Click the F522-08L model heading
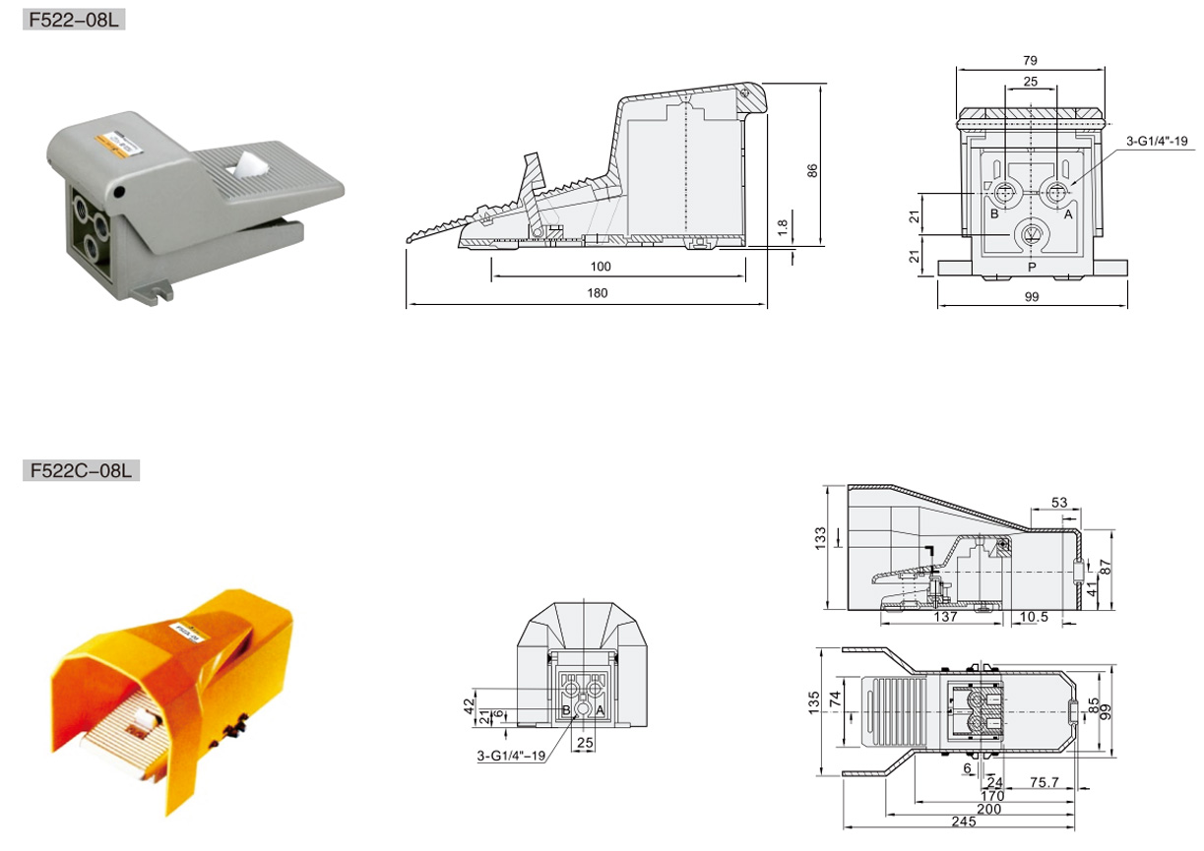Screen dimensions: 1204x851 tap(74, 20)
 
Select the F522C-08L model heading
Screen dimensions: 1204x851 tap(81, 470)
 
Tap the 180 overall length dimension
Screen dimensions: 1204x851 tap(598, 293)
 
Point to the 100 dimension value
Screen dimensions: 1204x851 tap(601, 267)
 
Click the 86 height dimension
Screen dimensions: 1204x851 tap(812, 171)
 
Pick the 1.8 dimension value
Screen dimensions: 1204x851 tap(783, 227)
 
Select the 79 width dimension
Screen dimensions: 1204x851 tap(1030, 60)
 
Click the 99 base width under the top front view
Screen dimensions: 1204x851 tap(1032, 296)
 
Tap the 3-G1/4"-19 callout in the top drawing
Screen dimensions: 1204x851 tap(1157, 141)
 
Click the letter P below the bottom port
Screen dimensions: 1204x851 tap(1032, 267)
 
